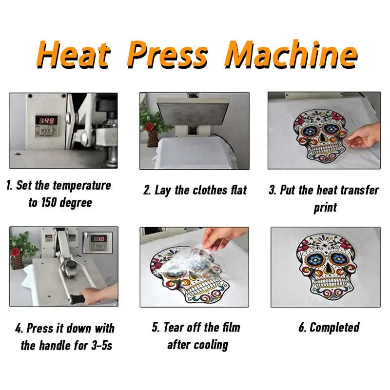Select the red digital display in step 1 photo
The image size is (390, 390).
coord(46,121)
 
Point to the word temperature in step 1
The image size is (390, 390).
coord(82,186)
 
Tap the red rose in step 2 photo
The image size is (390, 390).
coord(149,126)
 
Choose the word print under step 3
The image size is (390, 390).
coord(325,208)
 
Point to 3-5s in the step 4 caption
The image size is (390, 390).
coord(102,346)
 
